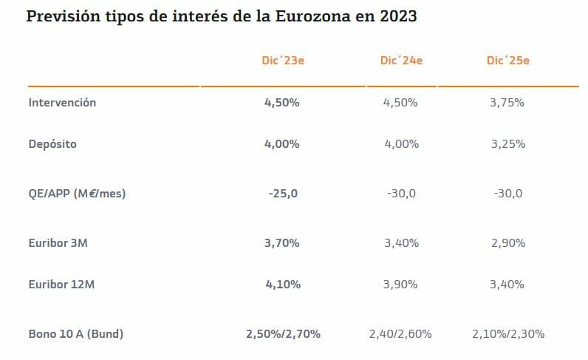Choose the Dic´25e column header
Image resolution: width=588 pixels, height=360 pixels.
pyautogui.click(x=507, y=61)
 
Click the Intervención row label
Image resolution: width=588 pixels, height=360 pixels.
pyautogui.click(x=62, y=103)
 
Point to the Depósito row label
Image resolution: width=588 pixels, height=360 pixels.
pyautogui.click(x=52, y=144)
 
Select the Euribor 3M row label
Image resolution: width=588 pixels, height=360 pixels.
pyautogui.click(x=58, y=243)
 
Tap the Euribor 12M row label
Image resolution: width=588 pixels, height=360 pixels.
pyautogui.click(x=61, y=285)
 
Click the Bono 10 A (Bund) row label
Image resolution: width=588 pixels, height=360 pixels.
pyautogui.click(x=75, y=334)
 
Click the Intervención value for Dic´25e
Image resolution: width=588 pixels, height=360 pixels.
pyautogui.click(x=507, y=103)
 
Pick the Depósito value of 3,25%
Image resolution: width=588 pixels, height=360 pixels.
pyautogui.click(x=507, y=144)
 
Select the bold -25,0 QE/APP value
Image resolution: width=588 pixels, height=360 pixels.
pyautogui.click(x=282, y=194)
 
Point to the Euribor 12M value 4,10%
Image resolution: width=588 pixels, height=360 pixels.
pyautogui.click(x=282, y=285)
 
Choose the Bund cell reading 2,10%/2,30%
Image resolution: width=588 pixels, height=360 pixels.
pyautogui.click(x=508, y=334)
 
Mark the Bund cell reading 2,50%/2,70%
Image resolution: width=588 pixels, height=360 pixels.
pyautogui.click(x=283, y=334)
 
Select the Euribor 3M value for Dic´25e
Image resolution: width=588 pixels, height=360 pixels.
pyautogui.click(x=507, y=243)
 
